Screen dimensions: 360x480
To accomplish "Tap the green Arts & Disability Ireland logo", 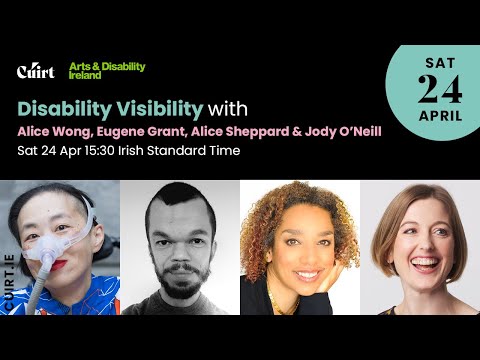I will point(106,71).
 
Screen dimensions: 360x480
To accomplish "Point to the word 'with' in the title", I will point(229,107).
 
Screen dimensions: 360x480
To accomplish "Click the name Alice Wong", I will point(51,132).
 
